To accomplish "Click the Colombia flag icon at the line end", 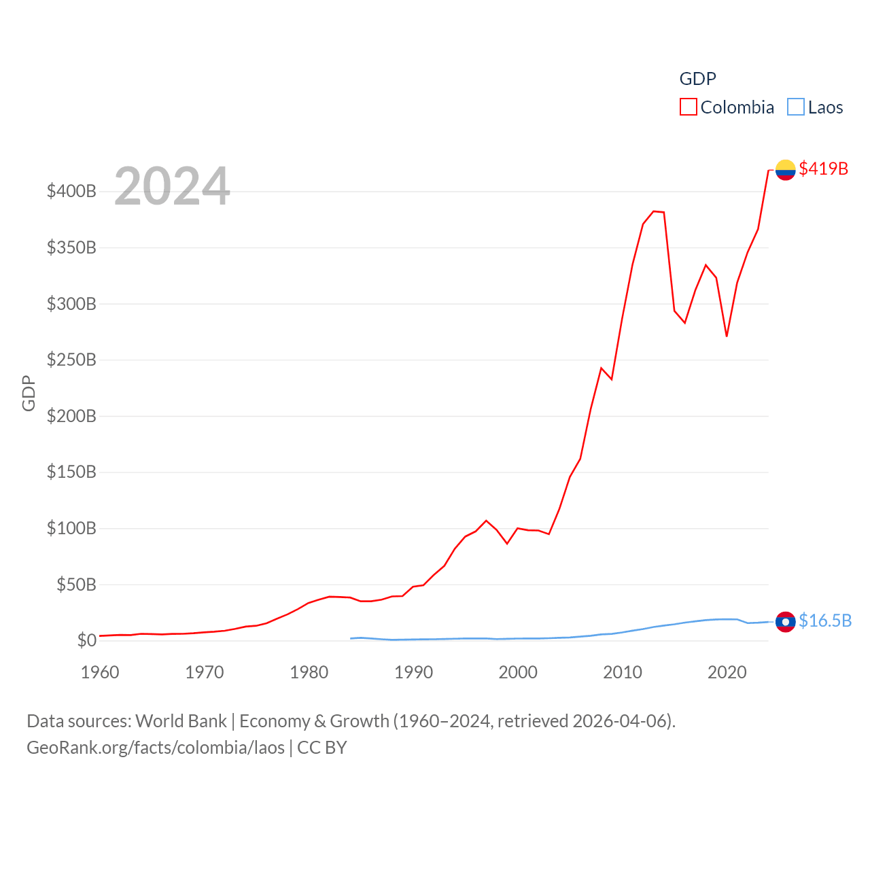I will coord(785,169).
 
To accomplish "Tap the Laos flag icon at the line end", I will coord(785,621).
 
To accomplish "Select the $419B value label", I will coord(823,169).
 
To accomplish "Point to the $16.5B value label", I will coord(825,621).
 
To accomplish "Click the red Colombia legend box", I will coord(688,107).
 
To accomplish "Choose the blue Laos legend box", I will coord(795,107).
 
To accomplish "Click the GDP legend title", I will coord(697,79).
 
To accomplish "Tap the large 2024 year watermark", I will coord(172,186).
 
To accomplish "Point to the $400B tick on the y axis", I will coord(71,191).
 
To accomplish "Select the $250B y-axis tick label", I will coord(71,360).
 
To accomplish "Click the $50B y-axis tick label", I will coord(76,585).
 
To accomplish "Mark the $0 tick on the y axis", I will coord(86,640).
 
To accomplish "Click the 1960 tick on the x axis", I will coord(100,672).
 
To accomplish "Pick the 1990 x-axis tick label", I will coord(413,672).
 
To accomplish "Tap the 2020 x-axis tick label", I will coord(727,672).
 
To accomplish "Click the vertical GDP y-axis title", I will coord(29,393).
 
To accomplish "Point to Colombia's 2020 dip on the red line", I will coord(727,336).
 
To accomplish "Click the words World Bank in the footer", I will coord(181,721).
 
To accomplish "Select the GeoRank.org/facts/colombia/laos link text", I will coord(156,748).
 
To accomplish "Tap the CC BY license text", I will coord(322,748).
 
